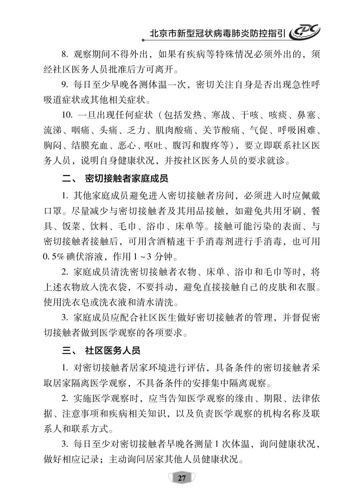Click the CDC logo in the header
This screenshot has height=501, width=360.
304,33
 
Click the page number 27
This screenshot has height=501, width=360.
182,479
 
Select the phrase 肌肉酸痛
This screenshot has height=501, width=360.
178,130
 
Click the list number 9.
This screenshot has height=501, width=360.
65,85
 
